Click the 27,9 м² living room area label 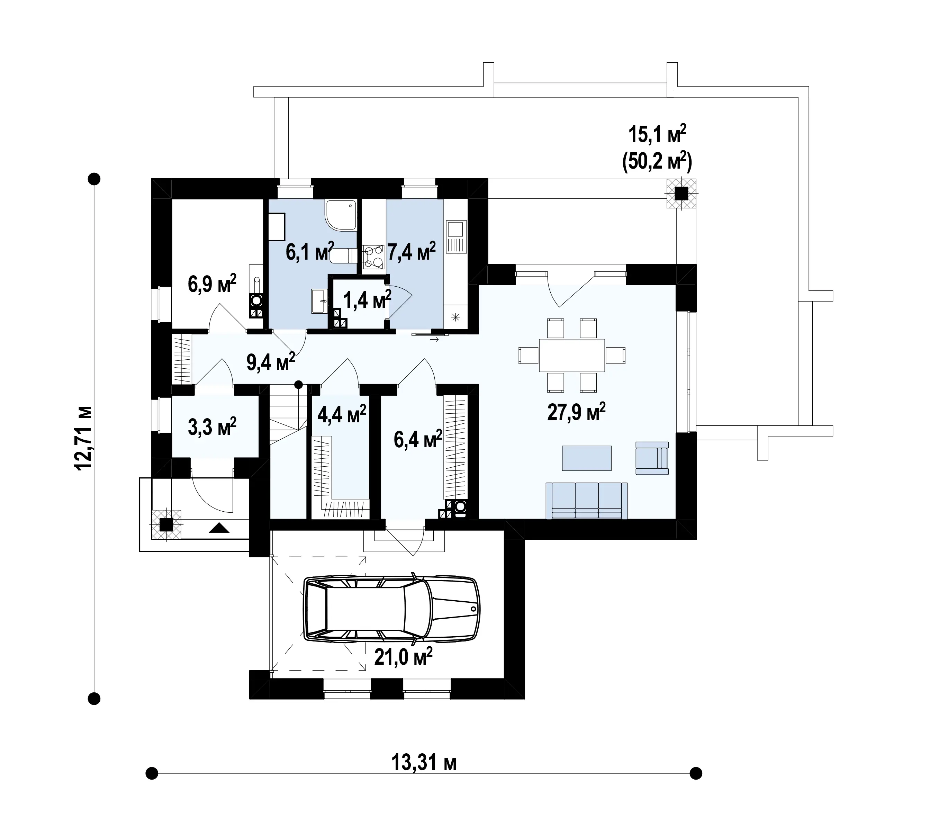click(576, 411)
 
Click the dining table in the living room click(572, 355)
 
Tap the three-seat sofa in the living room click(587, 501)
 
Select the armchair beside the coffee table click(652, 458)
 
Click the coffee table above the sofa click(587, 458)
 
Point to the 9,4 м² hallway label click(271, 362)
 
